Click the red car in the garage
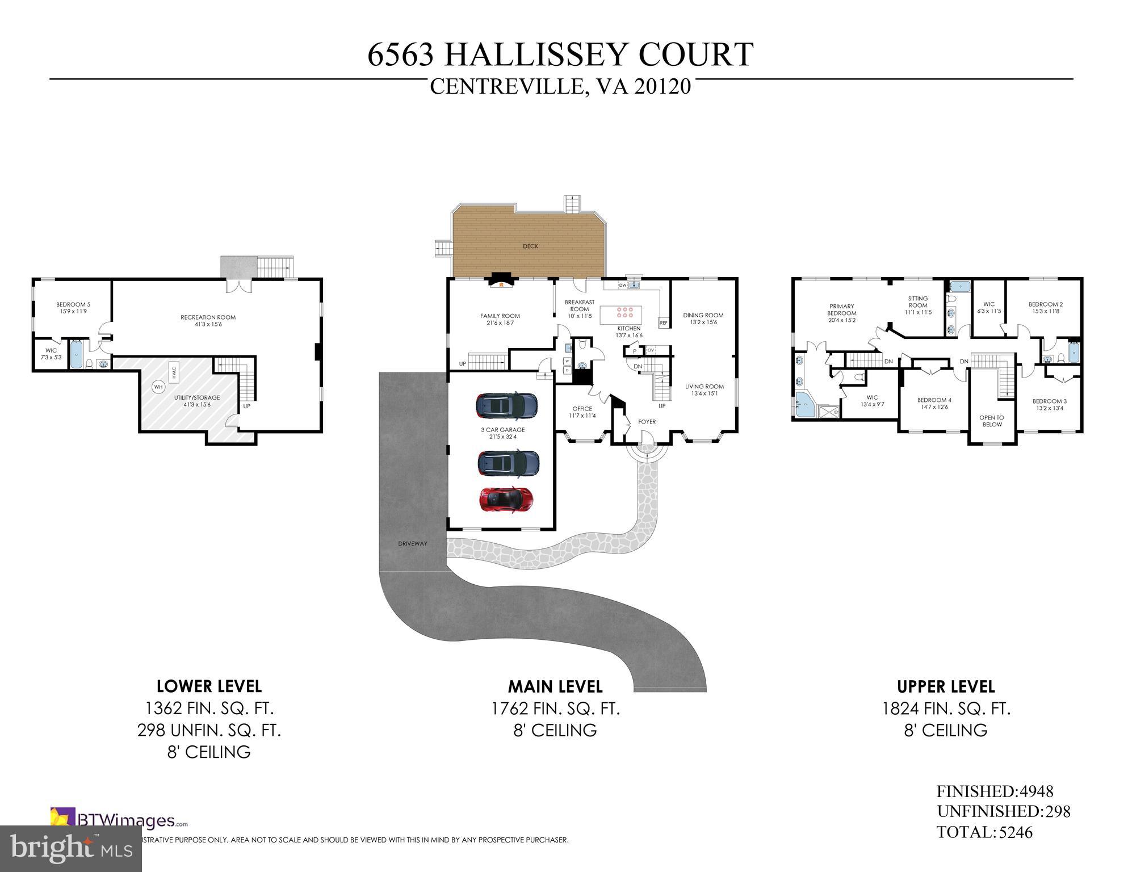506,500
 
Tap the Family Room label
500,319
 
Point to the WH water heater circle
158,387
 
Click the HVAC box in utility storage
174,372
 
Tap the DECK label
530,246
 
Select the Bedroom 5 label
73,308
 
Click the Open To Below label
991,421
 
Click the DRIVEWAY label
412,544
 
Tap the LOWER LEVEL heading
209,686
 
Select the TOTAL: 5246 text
984,832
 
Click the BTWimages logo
119,820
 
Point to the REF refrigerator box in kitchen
663,323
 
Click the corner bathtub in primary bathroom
804,405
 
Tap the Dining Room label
703,318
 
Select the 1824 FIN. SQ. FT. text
946,708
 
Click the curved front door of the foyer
645,438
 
